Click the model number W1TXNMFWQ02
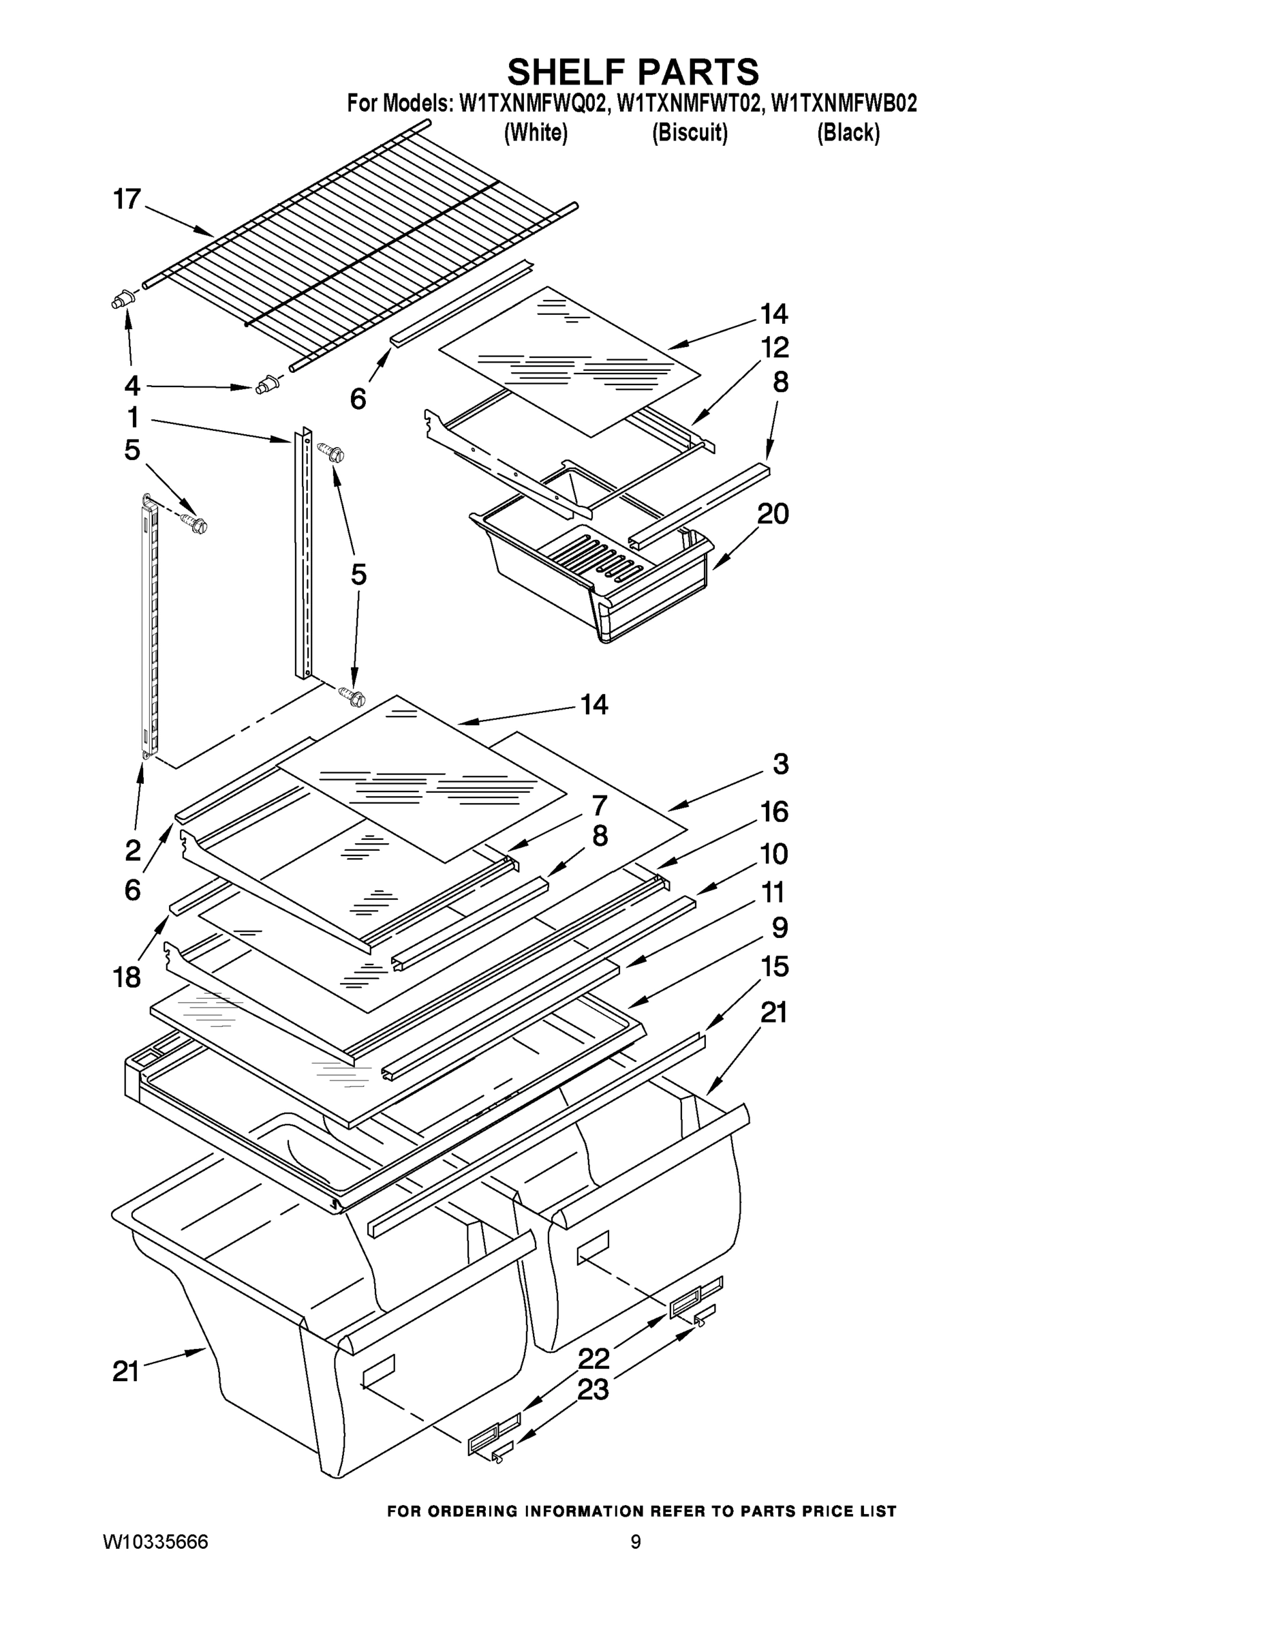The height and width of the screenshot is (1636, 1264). (x=531, y=104)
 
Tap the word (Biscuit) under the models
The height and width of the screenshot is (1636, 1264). (x=690, y=133)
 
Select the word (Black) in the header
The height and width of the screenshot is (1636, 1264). (x=848, y=133)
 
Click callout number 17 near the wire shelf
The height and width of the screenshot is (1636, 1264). (x=127, y=199)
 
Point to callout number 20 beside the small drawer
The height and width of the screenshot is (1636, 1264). (x=773, y=514)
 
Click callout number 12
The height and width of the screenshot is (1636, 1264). (x=775, y=348)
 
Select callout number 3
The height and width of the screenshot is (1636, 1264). (x=780, y=764)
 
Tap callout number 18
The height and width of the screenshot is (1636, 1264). (x=127, y=977)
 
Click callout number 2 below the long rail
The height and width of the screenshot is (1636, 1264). (x=133, y=850)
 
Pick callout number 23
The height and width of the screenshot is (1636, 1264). (x=593, y=1389)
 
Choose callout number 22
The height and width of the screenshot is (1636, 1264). (x=594, y=1357)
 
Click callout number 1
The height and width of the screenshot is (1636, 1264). (x=133, y=416)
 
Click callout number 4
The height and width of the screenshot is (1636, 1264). (x=132, y=386)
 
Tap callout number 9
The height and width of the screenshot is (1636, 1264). (x=780, y=927)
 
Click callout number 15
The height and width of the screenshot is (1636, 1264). (x=774, y=967)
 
